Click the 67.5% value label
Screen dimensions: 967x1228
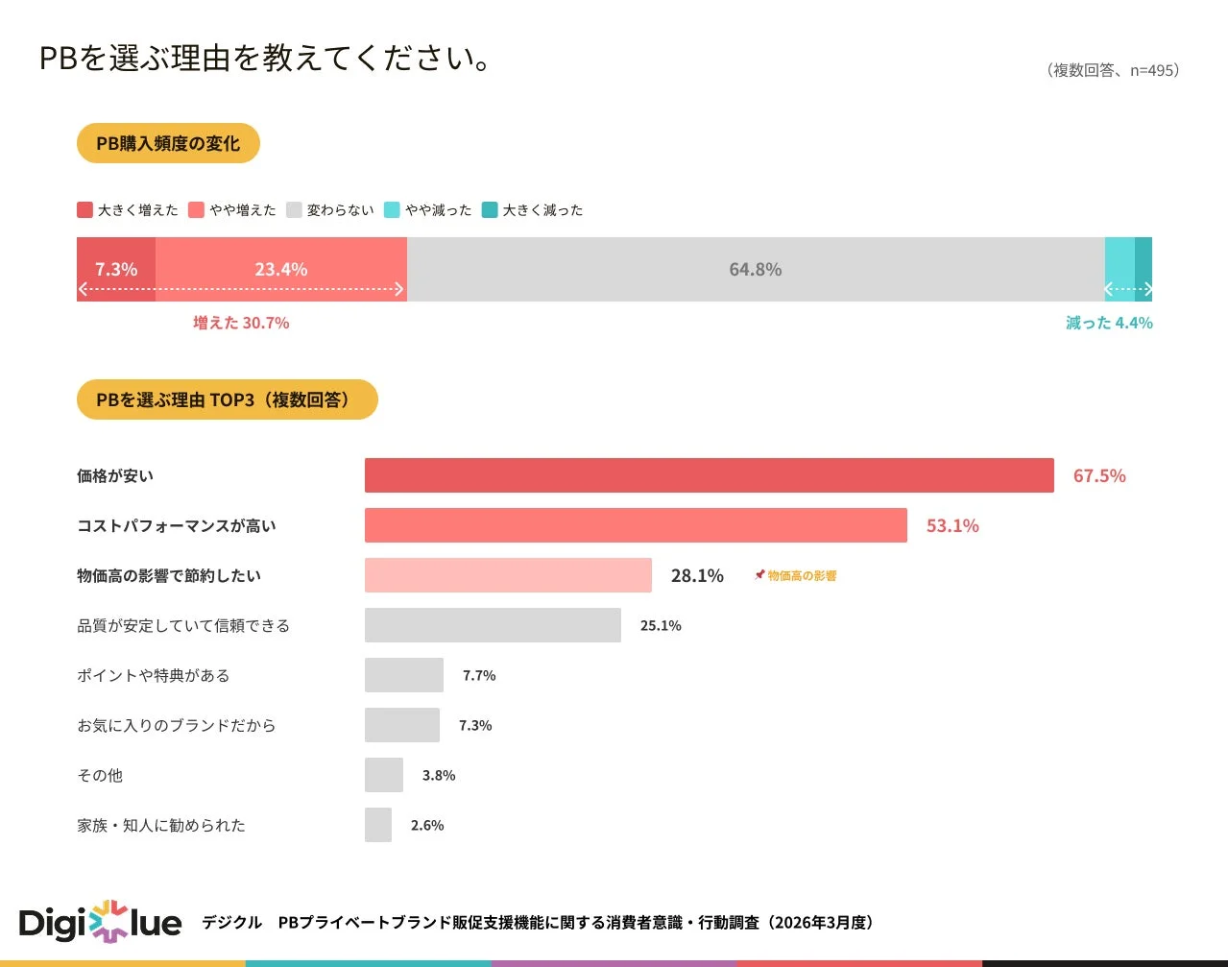pos(1098,476)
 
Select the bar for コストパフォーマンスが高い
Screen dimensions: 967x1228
pos(636,525)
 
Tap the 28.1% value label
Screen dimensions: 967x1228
pos(697,576)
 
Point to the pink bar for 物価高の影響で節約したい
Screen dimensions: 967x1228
pos(508,575)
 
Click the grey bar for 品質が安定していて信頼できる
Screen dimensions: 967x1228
pos(493,625)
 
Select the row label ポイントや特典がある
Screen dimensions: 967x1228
pos(154,676)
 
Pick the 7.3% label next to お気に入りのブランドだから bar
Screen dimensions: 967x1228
pos(475,726)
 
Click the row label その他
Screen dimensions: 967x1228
pos(100,776)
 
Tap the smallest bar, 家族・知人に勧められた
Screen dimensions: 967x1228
pos(378,825)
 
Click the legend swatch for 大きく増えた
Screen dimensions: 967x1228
pos(85,210)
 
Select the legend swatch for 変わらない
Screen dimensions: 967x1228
pos(294,210)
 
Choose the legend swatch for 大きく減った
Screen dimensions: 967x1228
pos(490,210)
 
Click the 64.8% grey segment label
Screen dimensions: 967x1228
pos(755,270)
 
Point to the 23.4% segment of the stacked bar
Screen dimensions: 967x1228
pos(281,270)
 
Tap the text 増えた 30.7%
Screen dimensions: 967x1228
pos(241,324)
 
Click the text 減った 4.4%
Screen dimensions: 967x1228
pos(1109,324)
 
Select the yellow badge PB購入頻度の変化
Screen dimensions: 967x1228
pos(168,144)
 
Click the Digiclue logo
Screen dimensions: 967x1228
pos(100,923)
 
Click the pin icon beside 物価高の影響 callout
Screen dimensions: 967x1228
pos(759,575)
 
